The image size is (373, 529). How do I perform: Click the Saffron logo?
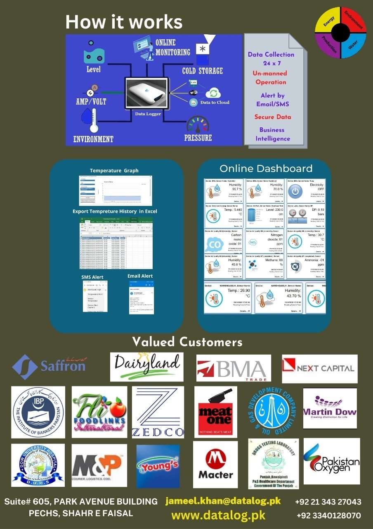coord(49,367)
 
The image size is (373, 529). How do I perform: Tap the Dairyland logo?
coord(147,367)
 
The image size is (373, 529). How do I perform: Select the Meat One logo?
coord(215,412)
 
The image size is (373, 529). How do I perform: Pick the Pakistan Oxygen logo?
coord(331,461)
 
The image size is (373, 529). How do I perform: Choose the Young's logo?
coord(158,466)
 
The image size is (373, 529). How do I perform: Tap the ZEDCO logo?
coord(158,412)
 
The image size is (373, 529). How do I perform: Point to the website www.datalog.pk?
coord(218,515)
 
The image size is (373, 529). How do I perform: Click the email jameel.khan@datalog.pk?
coord(223,501)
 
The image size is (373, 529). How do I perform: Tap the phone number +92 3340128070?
coord(328,516)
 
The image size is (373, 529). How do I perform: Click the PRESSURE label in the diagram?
coord(198,138)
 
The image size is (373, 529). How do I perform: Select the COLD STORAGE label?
coord(202,71)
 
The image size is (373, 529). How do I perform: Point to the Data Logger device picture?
coord(147,93)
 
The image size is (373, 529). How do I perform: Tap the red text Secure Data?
coord(273,117)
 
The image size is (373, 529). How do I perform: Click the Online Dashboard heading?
coord(266,169)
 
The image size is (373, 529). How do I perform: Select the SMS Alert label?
coord(92,277)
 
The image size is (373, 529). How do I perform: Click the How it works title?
coord(124,21)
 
